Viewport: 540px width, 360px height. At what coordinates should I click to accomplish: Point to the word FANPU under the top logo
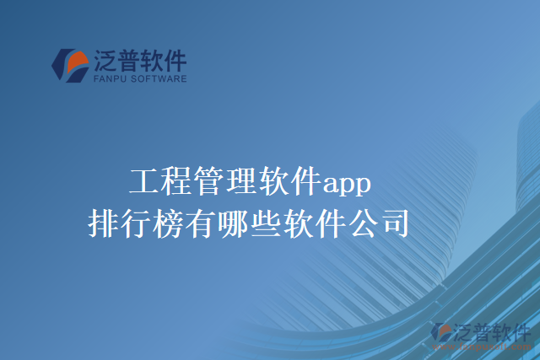coord(109,79)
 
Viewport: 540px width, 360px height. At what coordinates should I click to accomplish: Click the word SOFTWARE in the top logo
coord(158,79)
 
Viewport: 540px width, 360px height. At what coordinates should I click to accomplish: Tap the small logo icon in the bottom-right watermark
coord(440,333)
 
